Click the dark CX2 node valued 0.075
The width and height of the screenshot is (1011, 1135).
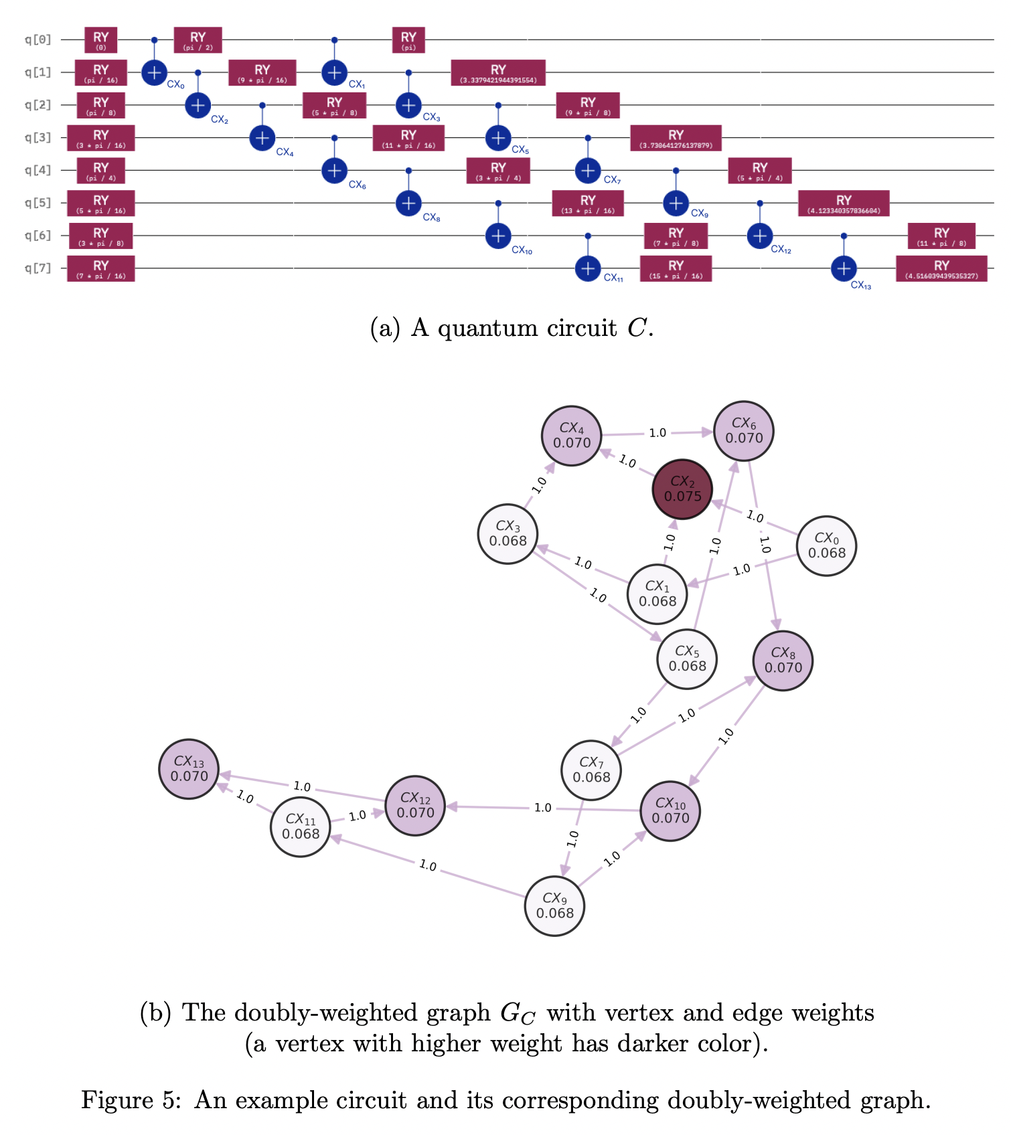point(682,489)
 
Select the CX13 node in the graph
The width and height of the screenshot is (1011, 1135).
point(189,769)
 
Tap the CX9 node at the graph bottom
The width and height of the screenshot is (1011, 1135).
point(554,905)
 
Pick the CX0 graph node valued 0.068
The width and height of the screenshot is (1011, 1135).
point(827,545)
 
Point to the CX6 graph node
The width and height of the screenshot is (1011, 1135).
point(744,431)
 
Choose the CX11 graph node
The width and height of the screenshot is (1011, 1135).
point(301,826)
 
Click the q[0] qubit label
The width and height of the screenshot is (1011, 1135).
point(38,39)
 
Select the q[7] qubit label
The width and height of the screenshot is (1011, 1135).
point(38,268)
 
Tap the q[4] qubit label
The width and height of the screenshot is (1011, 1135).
point(38,170)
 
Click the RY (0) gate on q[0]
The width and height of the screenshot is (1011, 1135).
point(101,40)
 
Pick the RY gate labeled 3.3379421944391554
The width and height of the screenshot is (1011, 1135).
point(498,72)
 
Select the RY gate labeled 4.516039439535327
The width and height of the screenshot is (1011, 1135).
point(941,268)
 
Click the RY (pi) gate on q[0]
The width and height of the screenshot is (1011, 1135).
point(408,40)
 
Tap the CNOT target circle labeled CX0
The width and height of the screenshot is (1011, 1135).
point(154,72)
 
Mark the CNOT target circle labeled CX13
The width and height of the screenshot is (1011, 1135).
point(844,268)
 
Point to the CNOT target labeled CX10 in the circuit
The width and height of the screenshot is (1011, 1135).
point(498,236)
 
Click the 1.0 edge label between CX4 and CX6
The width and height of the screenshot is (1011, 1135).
point(657,433)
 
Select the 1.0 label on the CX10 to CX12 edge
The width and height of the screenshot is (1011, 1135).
point(543,808)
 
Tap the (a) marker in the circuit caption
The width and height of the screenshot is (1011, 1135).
point(385,329)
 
